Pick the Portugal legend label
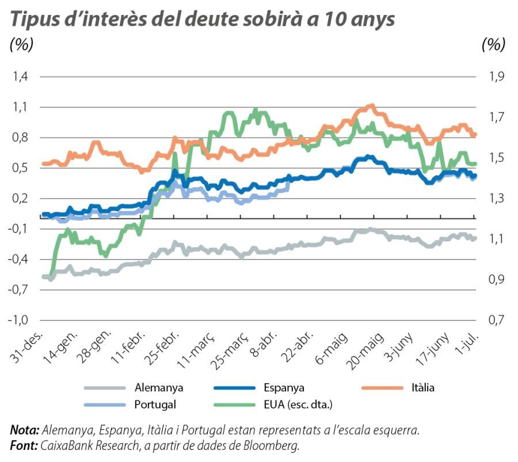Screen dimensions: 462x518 (155, 404)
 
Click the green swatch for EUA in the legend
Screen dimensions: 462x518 (234, 404)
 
